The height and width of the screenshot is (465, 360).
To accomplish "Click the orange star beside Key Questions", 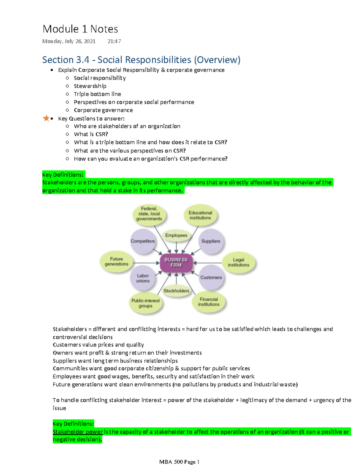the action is [46, 118].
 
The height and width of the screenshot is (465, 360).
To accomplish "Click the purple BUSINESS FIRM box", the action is [176, 263].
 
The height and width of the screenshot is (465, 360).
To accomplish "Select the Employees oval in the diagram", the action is [176, 235].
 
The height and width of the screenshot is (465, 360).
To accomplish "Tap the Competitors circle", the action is [143, 241].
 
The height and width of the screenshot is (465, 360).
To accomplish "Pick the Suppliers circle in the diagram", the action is [211, 241].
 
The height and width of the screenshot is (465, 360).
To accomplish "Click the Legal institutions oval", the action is [238, 262].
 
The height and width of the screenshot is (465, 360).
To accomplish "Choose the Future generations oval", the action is [116, 261].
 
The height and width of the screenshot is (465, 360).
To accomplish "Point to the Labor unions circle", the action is [143, 278].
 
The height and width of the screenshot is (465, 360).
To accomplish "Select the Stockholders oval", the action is [176, 291].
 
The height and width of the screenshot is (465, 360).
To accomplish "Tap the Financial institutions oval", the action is [209, 302].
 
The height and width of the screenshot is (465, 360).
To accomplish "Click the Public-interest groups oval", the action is [145, 303].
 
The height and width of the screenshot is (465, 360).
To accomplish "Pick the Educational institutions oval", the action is [200, 215].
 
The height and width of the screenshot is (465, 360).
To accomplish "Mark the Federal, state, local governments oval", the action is [149, 214].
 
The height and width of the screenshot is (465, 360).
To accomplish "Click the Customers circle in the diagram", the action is [211, 278].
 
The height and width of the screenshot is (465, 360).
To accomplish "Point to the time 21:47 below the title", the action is [114, 41].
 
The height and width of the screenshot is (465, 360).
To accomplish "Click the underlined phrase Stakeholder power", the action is [78, 432].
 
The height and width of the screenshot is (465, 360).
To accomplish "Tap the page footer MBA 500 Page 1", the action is [179, 462].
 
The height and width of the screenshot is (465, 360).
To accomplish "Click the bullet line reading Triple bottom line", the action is [97, 94].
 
